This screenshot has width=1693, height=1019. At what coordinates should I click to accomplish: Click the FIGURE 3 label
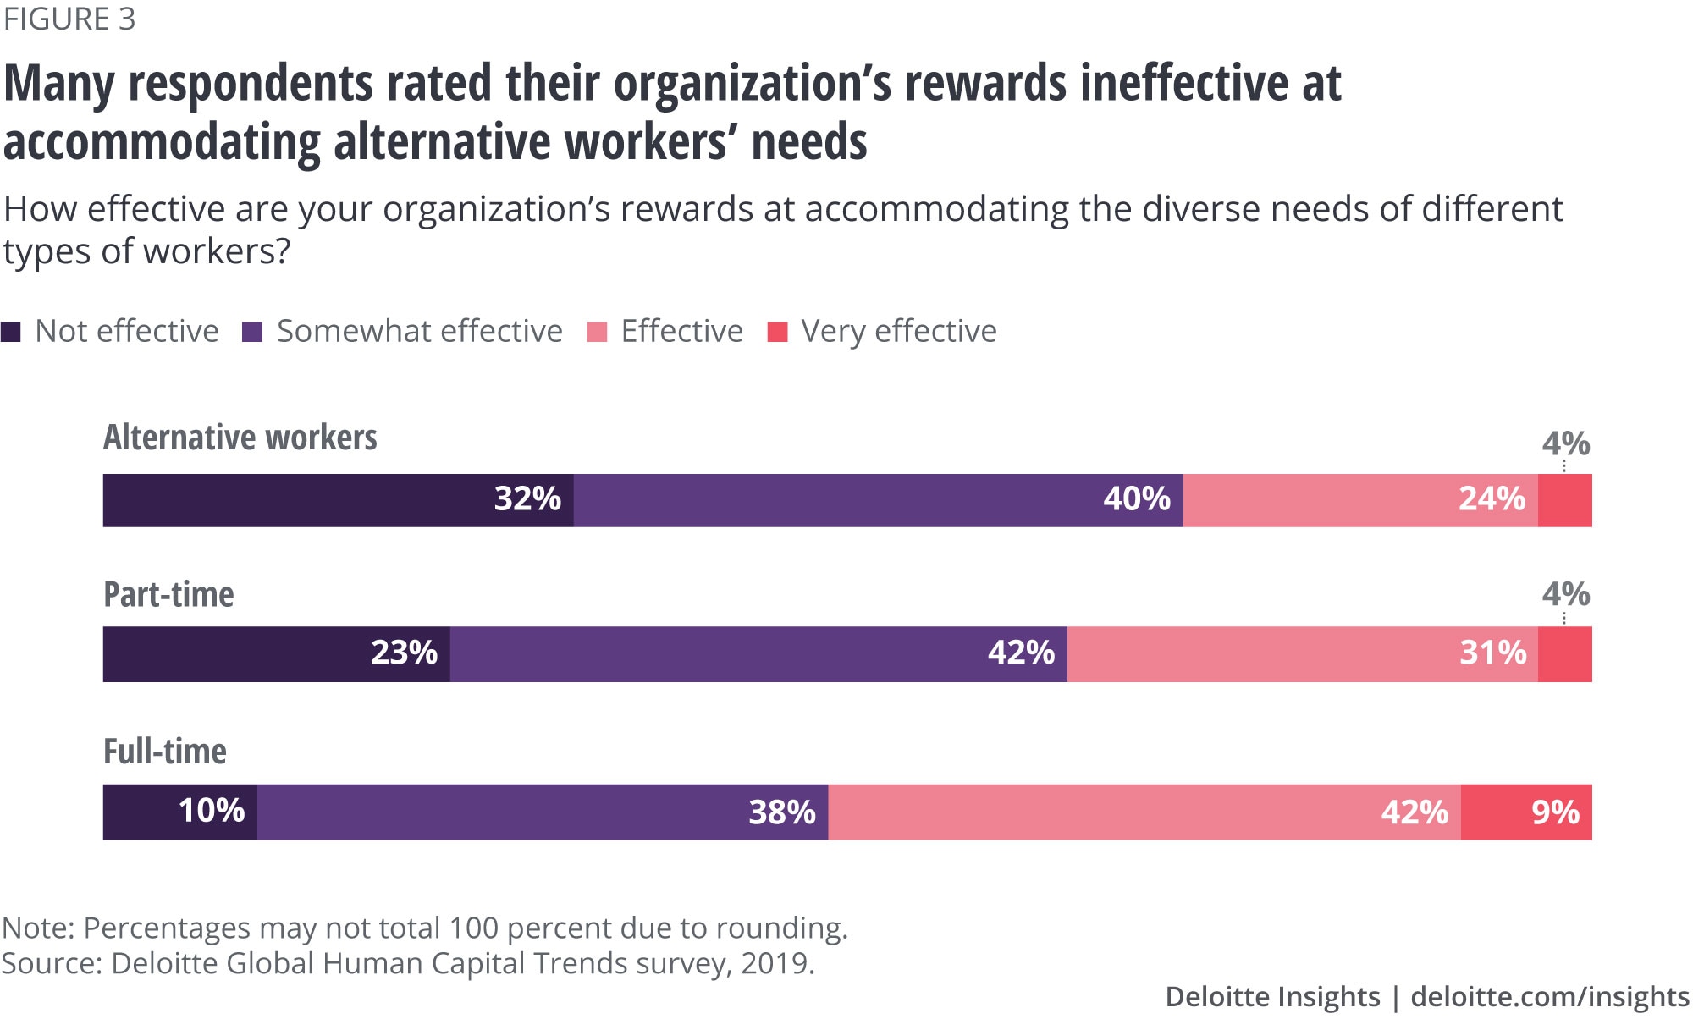[x=69, y=19]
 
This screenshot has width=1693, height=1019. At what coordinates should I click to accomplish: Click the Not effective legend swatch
[x=11, y=332]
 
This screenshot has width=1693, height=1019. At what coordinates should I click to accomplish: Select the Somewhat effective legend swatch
[x=252, y=332]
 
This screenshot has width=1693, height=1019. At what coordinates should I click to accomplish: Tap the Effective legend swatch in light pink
[x=597, y=332]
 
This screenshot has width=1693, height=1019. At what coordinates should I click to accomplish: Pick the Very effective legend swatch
[x=777, y=332]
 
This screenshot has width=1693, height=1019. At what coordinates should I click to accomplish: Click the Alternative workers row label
[x=240, y=438]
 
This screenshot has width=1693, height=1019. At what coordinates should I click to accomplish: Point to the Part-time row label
[x=168, y=594]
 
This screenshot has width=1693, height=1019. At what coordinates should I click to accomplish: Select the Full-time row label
[x=165, y=752]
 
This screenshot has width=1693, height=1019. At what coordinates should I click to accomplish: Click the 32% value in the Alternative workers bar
[x=527, y=499]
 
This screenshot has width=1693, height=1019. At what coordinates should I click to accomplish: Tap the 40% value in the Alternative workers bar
[x=1137, y=499]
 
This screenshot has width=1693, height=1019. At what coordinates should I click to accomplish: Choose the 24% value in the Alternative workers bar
[x=1492, y=499]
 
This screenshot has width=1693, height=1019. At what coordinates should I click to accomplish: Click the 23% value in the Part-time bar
[x=404, y=653]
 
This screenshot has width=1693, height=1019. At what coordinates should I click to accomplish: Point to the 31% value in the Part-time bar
[x=1493, y=653]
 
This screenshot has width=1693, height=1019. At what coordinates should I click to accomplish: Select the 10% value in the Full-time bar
[x=212, y=811]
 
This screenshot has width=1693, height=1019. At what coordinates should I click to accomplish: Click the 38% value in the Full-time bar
[x=782, y=812]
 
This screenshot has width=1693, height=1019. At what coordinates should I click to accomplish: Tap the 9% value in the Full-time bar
[x=1555, y=812]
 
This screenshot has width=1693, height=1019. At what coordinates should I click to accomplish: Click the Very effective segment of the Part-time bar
[x=1564, y=654]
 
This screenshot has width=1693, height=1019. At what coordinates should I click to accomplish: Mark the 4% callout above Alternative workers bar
[x=1565, y=443]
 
